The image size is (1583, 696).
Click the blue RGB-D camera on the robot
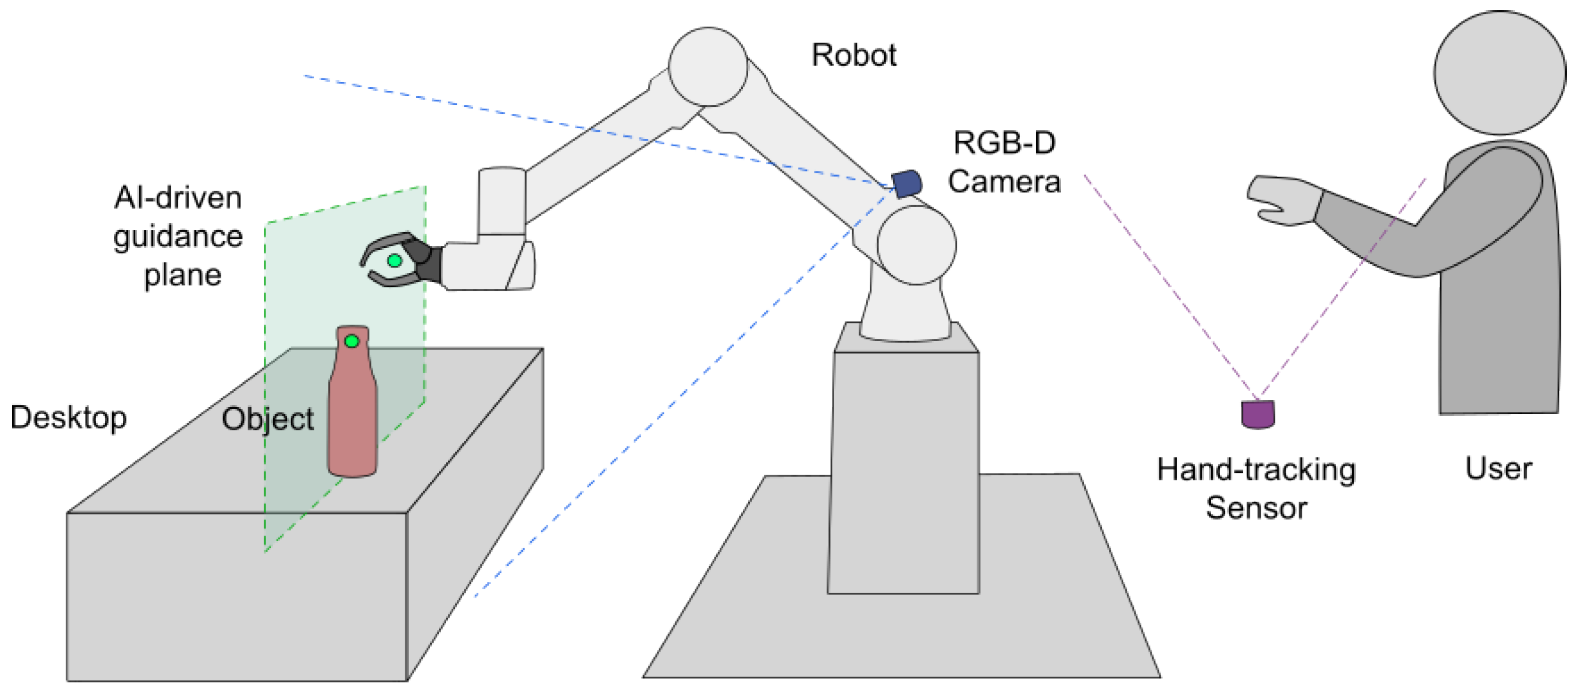[x=907, y=184]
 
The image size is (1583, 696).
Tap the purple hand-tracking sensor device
[x=1258, y=415]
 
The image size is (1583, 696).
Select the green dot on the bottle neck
[x=351, y=341]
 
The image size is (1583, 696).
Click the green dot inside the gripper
[x=395, y=260]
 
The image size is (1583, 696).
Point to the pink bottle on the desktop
[x=352, y=418]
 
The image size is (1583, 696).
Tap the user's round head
[x=1499, y=72]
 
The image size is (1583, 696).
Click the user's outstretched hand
[x=1285, y=199]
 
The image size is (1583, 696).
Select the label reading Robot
[x=853, y=55]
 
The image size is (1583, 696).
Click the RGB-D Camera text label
[x=1003, y=162]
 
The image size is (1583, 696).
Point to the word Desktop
[x=68, y=418]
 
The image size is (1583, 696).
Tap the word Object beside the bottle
[x=268, y=419]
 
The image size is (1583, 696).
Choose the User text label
[x=1498, y=468]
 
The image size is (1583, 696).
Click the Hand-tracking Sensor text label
[x=1256, y=488]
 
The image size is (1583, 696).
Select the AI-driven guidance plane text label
[x=178, y=237]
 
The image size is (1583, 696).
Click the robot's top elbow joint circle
[x=707, y=66]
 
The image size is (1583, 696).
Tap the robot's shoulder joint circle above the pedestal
[x=916, y=244]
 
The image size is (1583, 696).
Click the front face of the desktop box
[x=237, y=596]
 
